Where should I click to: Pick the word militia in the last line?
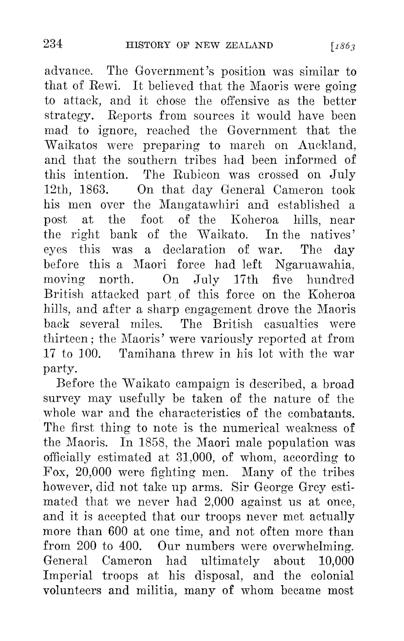(x=156, y=590)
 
